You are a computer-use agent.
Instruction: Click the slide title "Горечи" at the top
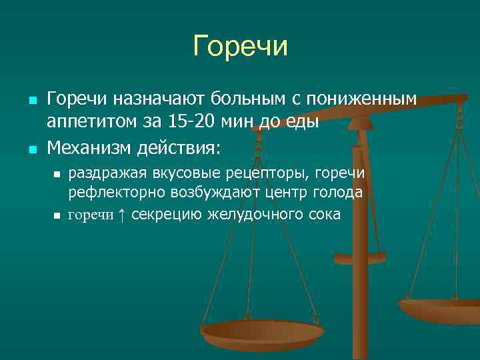240,47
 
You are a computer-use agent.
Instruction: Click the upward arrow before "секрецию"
121,215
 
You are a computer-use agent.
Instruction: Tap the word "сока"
324,215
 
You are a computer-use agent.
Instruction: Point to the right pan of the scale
440,308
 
